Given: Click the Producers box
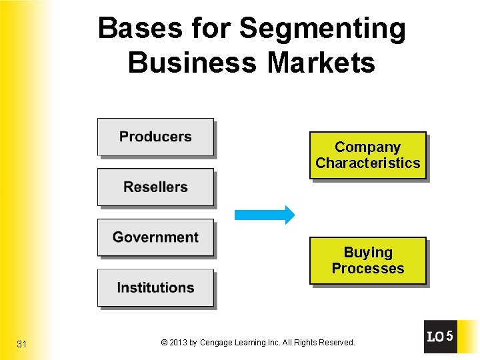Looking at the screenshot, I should [155, 137].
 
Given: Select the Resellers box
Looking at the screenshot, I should [155, 187].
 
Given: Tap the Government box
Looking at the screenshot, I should [155, 237].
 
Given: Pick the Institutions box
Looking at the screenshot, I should [155, 288].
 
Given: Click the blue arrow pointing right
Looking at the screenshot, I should [264, 215].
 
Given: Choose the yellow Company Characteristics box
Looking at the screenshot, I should [367, 155].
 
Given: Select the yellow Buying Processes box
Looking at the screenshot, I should [367, 261].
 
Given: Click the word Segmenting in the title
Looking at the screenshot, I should [322, 29].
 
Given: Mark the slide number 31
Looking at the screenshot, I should [22, 344].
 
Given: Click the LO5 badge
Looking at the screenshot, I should [440, 337].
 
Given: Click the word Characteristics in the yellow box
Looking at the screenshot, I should [367, 163].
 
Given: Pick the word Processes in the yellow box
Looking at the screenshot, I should [367, 269].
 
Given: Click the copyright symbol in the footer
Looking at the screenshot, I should [164, 343].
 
